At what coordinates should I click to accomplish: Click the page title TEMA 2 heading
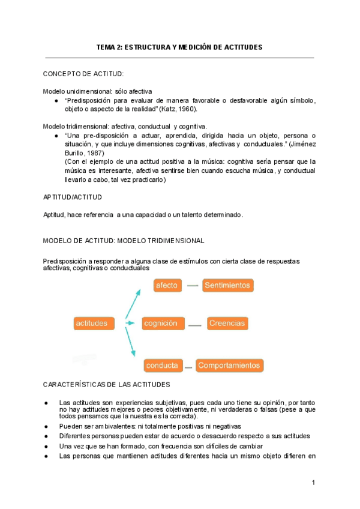[x=179, y=47]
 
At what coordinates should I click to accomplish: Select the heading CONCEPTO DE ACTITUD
[x=83, y=74]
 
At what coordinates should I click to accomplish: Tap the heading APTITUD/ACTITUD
[x=73, y=197]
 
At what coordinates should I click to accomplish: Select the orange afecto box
[x=166, y=285]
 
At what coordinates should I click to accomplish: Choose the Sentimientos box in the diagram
[x=227, y=285]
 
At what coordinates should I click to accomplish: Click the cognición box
[x=161, y=323]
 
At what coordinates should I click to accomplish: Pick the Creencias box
[x=227, y=323]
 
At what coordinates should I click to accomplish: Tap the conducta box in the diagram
[x=161, y=364]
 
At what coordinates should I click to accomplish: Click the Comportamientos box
[x=229, y=364]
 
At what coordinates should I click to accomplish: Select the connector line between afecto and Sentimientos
[x=192, y=286]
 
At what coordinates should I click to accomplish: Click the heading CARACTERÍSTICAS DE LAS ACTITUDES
[x=106, y=384]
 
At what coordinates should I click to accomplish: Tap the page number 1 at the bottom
[x=313, y=483]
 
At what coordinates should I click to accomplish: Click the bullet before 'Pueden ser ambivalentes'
[x=47, y=426]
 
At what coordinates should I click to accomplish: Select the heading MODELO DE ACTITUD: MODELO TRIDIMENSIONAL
[x=124, y=241]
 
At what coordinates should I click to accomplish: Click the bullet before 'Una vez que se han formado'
[x=47, y=447]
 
